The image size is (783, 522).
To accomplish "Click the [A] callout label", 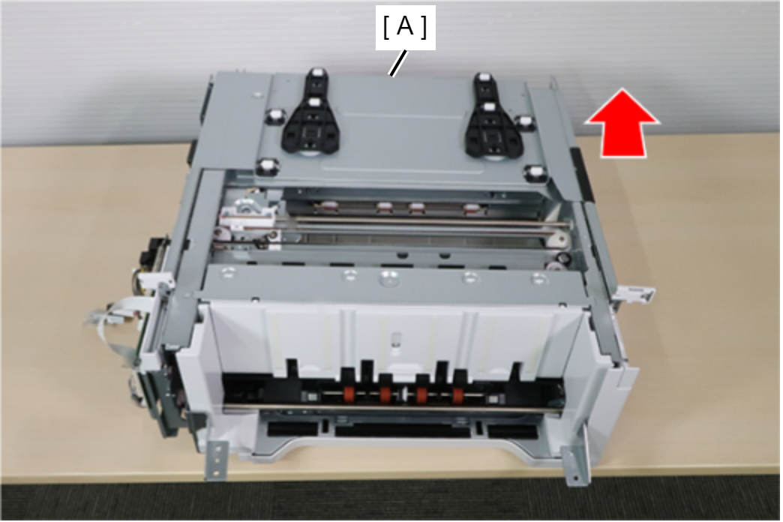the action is pyautogui.click(x=406, y=27).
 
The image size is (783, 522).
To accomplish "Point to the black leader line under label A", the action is pyautogui.click(x=398, y=64).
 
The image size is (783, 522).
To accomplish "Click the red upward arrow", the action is pyautogui.click(x=622, y=123).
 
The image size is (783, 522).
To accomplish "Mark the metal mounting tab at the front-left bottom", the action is pyautogui.click(x=217, y=461).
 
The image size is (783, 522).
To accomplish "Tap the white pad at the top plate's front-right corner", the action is pyautogui.click(x=533, y=173).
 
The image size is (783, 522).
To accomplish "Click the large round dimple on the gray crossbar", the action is pyautogui.click(x=387, y=277).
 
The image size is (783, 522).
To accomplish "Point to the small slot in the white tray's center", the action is pyautogui.click(x=395, y=339).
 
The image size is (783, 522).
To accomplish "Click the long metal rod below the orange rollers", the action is pyautogui.click(x=392, y=409).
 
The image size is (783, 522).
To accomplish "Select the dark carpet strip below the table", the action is pyautogui.click(x=391, y=499).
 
